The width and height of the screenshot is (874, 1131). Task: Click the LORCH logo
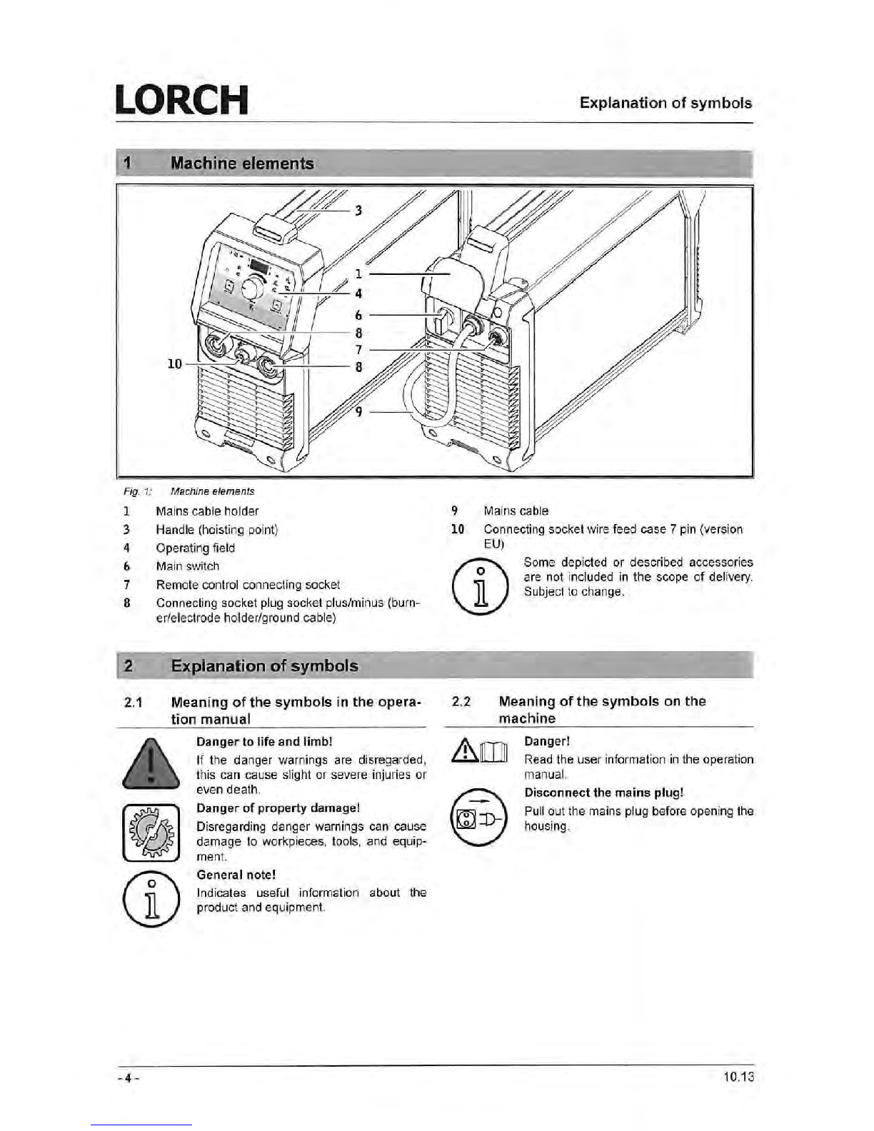click(181, 100)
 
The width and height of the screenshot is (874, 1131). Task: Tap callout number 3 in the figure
click(358, 210)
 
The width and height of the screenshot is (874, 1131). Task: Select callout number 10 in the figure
click(174, 364)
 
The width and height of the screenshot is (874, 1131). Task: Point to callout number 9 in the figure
click(358, 412)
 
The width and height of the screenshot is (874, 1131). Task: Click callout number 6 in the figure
click(358, 315)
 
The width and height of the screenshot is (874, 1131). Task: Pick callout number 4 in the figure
click(358, 293)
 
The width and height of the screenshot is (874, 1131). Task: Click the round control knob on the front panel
click(253, 289)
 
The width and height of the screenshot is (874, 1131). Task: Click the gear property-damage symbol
click(150, 832)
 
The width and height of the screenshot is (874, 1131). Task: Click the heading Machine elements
click(242, 164)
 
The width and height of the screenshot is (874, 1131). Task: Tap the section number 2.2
click(462, 702)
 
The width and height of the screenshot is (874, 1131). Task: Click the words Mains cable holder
click(207, 511)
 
